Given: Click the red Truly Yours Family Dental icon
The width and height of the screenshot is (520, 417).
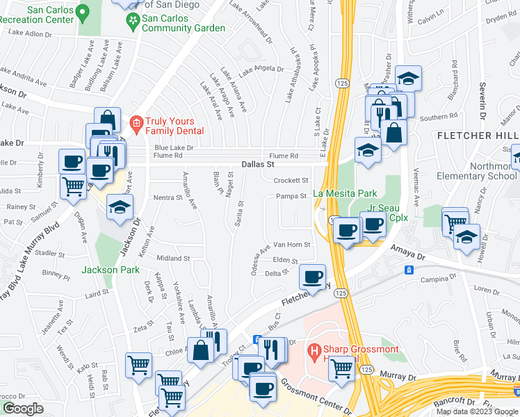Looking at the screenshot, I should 136,124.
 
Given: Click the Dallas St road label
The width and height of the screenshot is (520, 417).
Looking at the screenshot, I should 258,165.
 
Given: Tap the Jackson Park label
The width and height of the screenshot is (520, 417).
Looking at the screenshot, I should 111,270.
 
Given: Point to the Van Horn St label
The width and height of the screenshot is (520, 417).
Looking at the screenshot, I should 291,245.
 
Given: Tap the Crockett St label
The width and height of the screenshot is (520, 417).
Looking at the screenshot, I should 291,180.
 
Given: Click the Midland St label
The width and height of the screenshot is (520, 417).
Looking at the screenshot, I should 173,258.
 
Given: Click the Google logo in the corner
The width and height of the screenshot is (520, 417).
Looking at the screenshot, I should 23,409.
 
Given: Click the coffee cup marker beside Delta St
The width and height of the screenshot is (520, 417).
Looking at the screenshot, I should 313,277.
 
